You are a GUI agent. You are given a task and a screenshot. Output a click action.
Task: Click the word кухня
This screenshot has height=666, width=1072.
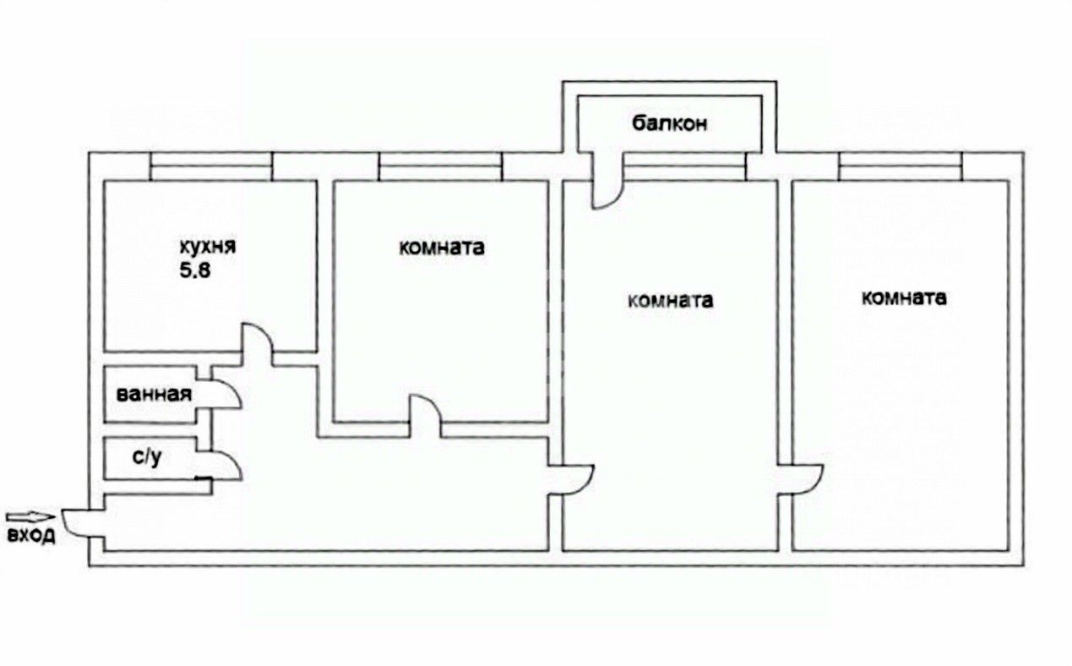pyautogui.click(x=207, y=248)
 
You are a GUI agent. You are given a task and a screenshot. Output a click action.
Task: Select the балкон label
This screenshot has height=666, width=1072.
pyautogui.click(x=669, y=123)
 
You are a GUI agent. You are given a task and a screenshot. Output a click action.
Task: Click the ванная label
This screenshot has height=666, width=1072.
pyautogui.click(x=154, y=394)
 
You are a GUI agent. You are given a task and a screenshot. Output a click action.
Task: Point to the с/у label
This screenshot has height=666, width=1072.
pyautogui.click(x=146, y=457)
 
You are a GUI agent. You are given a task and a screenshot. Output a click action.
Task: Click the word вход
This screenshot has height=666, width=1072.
pyautogui.click(x=31, y=535)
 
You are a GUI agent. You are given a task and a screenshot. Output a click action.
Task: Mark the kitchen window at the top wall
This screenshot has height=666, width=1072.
pyautogui.click(x=211, y=166)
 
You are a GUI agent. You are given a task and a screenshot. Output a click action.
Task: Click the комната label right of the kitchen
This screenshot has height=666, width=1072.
pyautogui.click(x=442, y=248)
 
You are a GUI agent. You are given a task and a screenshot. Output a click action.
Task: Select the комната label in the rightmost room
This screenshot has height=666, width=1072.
pyautogui.click(x=903, y=298)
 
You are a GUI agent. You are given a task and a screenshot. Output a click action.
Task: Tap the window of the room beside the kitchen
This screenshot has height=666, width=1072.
pyautogui.click(x=440, y=166)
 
